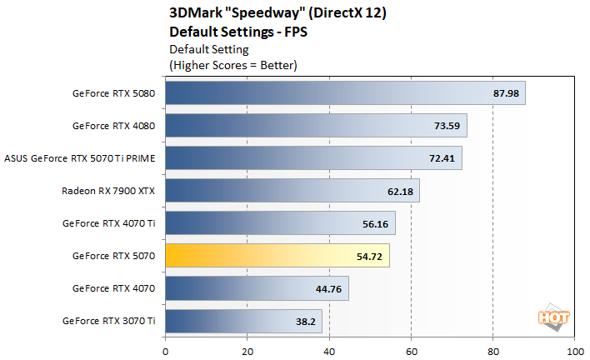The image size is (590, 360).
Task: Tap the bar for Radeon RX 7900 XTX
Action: click(292, 191)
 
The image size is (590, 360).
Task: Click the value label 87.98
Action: click(506, 93)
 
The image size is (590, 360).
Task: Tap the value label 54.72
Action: click(370, 256)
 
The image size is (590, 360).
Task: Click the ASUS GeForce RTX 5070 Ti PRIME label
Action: click(80, 158)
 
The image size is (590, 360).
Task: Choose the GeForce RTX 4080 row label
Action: click(113, 126)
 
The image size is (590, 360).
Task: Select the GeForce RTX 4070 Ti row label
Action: click(108, 223)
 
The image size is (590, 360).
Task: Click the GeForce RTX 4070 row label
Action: click(113, 288)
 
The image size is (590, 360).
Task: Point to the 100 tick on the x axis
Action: click(574, 351)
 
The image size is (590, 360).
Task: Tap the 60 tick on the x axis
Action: click(411, 351)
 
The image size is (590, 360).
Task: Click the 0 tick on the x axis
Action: click(166, 351)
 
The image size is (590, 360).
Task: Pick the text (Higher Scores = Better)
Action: click(233, 64)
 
